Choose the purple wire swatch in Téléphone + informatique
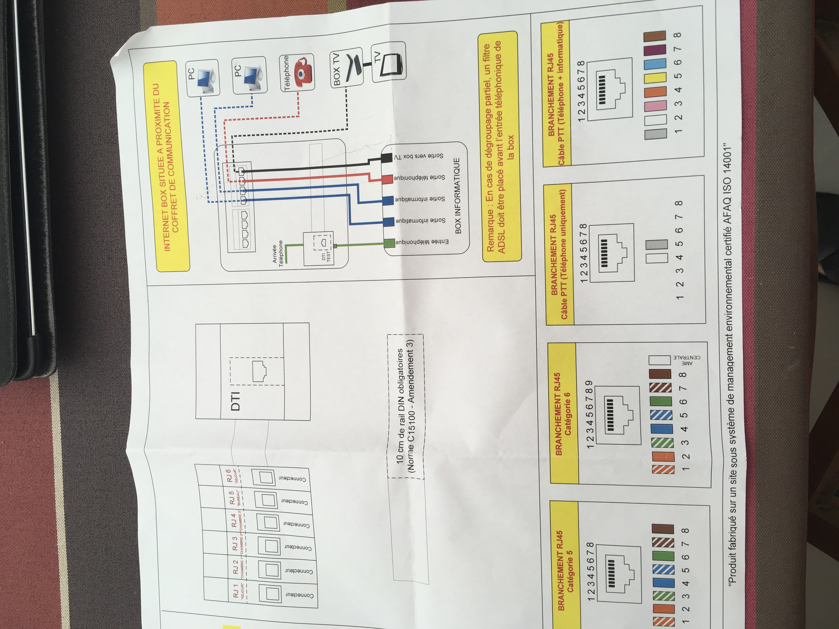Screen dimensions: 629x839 pyautogui.click(x=655, y=50)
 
